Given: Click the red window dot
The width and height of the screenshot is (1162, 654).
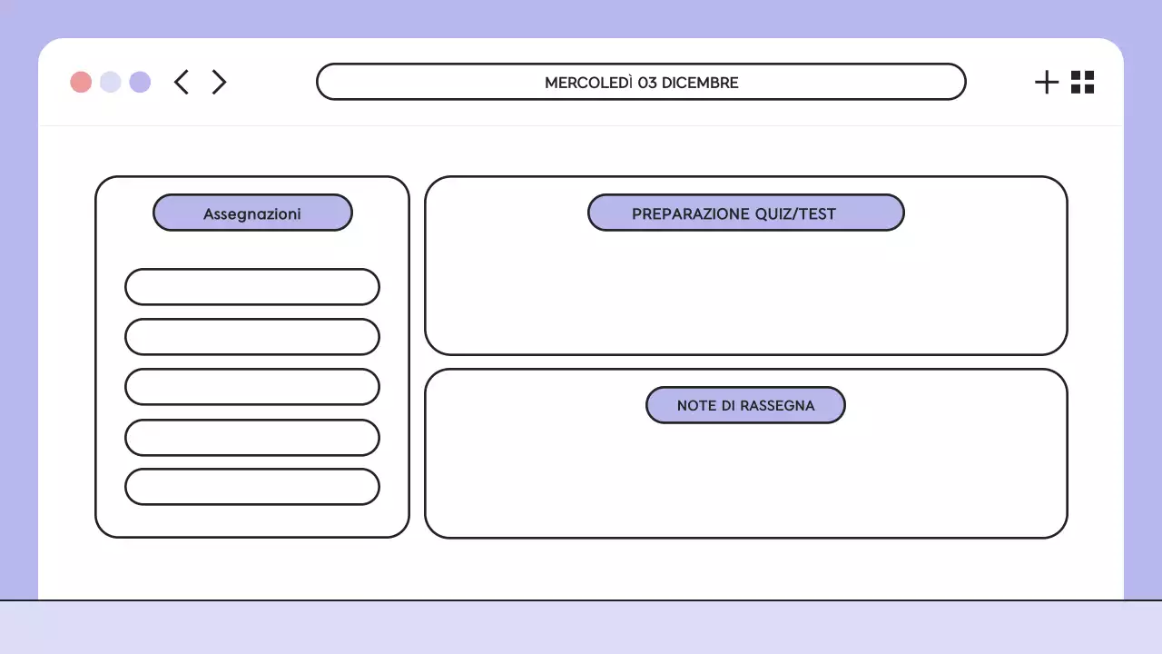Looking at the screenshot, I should click(81, 82).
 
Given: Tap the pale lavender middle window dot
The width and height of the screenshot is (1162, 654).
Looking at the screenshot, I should click(111, 82).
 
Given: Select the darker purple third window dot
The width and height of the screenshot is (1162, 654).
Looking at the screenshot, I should click(140, 82).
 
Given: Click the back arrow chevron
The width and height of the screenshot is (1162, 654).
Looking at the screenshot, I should click(182, 82).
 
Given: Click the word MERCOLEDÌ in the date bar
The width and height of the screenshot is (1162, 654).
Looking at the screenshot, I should click(588, 83).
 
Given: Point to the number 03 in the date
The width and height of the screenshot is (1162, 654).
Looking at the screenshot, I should click(647, 83).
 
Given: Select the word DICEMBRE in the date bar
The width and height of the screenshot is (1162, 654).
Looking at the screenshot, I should click(700, 83).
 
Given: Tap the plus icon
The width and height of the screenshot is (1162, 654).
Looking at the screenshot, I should click(1047, 82).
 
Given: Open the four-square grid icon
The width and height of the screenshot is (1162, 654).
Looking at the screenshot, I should click(1082, 82).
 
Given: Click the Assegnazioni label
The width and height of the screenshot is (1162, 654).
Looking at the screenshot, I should click(252, 214).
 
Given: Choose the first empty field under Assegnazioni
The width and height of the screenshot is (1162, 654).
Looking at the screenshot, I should click(252, 287).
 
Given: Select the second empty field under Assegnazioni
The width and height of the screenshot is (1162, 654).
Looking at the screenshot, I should click(252, 337).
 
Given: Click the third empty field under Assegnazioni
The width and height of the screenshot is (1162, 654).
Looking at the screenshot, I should click(252, 387).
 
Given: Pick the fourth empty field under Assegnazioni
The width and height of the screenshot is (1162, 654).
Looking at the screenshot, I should click(252, 438).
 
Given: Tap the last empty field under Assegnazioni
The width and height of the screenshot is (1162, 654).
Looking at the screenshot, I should click(252, 487).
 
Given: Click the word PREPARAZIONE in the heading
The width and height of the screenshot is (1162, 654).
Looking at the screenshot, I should click(691, 214).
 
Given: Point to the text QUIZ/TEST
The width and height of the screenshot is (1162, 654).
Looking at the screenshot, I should click(795, 214).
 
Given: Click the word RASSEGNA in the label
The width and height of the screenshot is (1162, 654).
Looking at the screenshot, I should click(777, 406).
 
